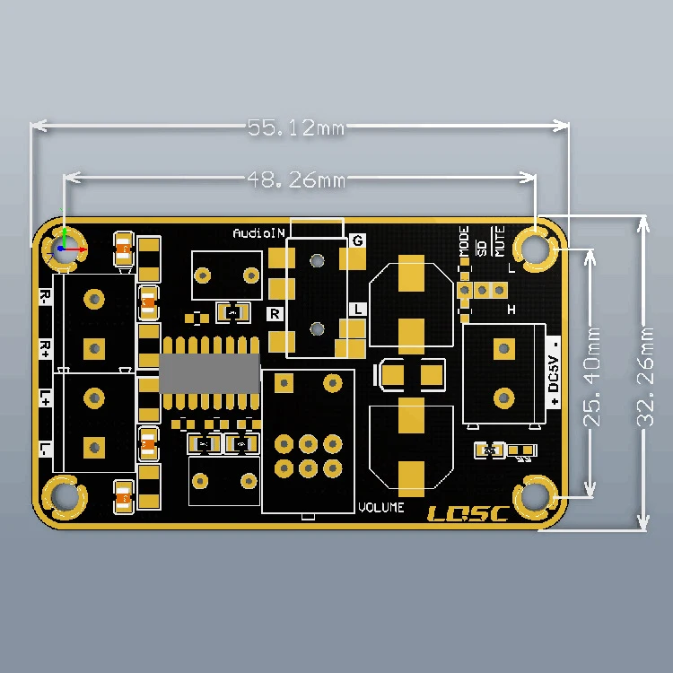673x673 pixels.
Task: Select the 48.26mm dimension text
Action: point(296,180)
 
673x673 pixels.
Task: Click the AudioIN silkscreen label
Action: point(258,233)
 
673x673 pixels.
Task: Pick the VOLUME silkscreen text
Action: point(381,508)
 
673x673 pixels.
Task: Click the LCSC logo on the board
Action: point(467,514)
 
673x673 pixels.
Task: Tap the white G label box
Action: point(357,240)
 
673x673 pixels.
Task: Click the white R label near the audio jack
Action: point(275,313)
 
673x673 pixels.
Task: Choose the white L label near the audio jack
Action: point(357,309)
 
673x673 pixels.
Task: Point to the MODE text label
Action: point(464,242)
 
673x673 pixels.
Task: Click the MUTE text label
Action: point(500,242)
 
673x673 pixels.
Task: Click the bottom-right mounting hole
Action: point(537,496)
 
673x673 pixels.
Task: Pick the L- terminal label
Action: point(44,449)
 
